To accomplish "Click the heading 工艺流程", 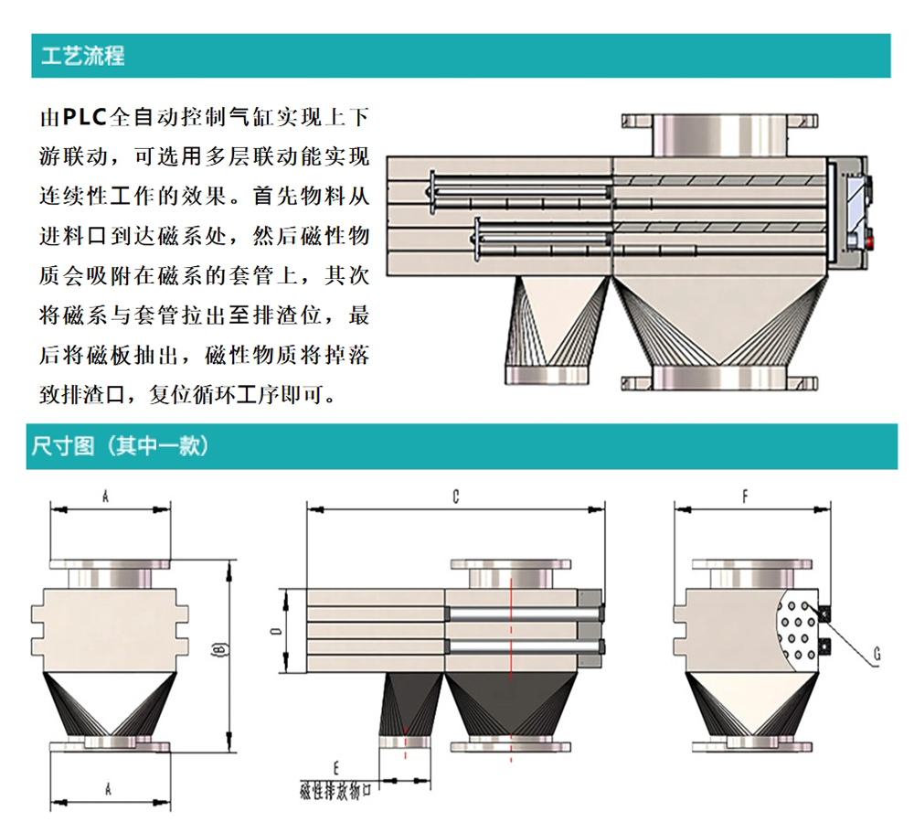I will coord(83,56).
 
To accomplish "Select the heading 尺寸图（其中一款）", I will coord(121,446).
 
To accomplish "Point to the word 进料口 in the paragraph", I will coord(78,237).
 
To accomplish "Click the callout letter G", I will coord(877,654).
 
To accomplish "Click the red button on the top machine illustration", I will coord(869,242).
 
